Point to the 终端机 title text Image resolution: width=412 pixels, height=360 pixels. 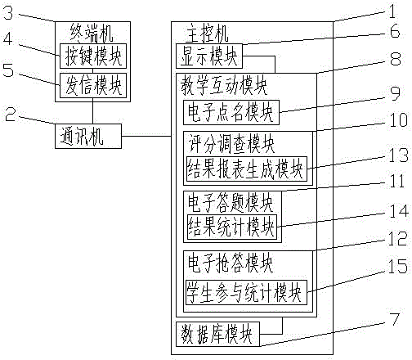(92, 33)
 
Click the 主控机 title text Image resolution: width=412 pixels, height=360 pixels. (207, 34)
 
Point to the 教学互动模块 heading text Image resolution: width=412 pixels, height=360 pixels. (224, 85)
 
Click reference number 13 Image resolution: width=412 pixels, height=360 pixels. (398, 155)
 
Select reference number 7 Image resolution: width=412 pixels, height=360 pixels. (394, 319)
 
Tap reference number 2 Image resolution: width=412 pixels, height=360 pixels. (11, 115)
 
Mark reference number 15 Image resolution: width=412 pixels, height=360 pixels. (398, 267)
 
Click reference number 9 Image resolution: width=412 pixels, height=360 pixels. (395, 93)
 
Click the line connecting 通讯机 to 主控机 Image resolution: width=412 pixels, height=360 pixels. (146, 136)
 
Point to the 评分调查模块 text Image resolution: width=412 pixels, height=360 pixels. (231, 144)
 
